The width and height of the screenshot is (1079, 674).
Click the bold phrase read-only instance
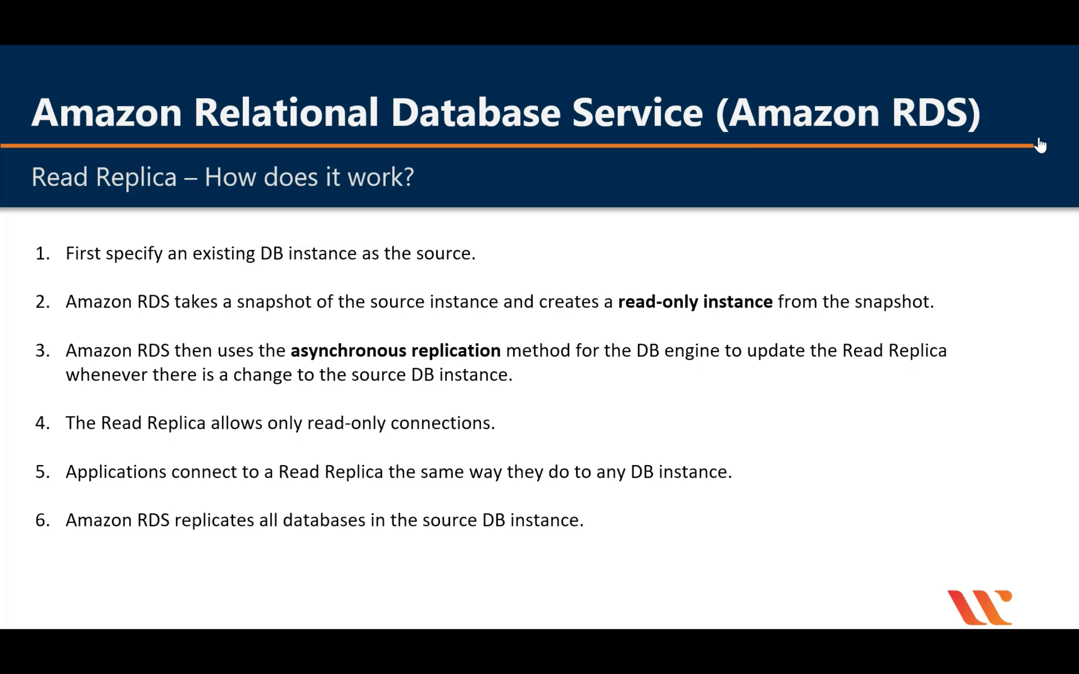[x=695, y=302]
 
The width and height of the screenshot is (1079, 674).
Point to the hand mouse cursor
[x=1040, y=145]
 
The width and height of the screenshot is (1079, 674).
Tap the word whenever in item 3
[x=106, y=374]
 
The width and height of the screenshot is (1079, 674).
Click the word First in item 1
[x=83, y=253]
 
